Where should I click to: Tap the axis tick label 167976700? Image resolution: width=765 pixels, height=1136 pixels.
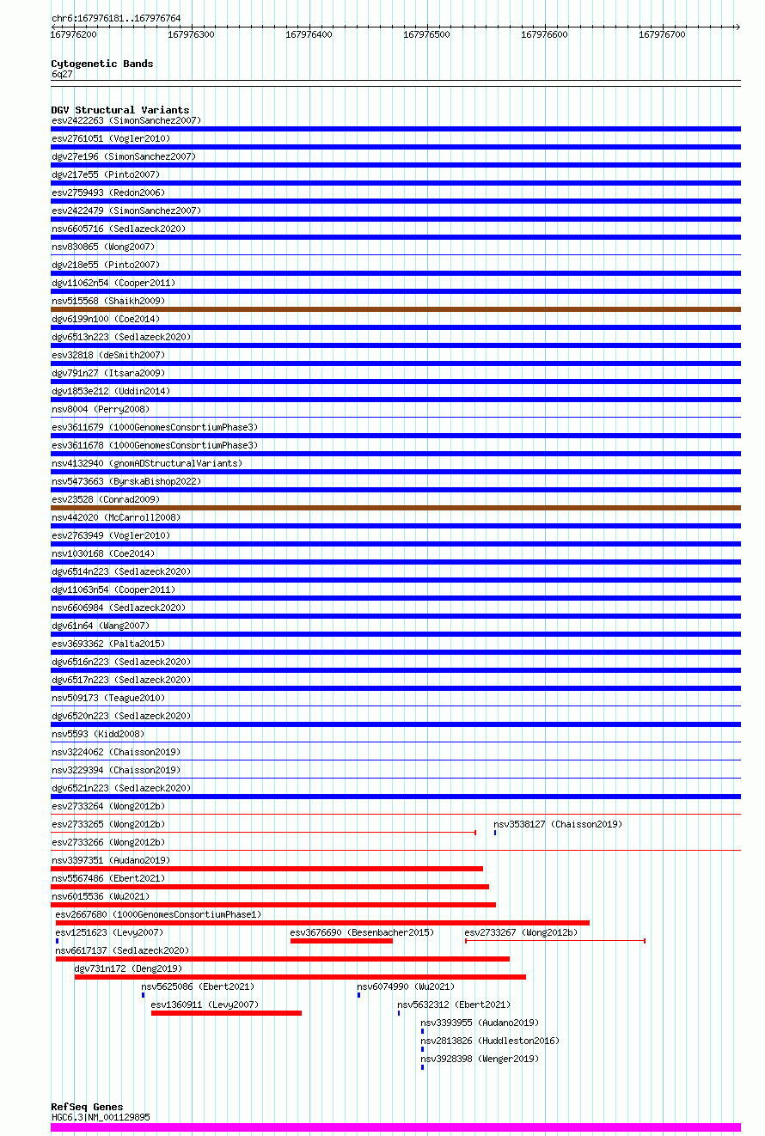click(662, 34)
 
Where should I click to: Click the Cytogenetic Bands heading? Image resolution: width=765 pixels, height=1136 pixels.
click(101, 64)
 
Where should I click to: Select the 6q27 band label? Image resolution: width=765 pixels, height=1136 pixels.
click(62, 74)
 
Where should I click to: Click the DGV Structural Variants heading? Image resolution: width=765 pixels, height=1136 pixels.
click(120, 110)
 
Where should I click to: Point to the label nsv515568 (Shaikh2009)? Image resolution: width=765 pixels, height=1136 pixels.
click(108, 301)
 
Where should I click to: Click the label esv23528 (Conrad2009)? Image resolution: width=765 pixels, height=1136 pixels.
click(106, 499)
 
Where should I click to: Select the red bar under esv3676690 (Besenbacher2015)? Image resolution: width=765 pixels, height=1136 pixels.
click(341, 941)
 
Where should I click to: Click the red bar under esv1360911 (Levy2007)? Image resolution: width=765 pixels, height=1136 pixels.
click(226, 1013)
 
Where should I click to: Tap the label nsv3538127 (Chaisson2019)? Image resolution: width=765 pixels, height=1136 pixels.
click(558, 824)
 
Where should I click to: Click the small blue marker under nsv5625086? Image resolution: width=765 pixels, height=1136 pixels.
click(143, 995)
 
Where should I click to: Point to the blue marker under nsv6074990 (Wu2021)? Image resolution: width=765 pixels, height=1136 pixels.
click(358, 995)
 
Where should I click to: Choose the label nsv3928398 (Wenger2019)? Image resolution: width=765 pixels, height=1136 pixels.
click(480, 1059)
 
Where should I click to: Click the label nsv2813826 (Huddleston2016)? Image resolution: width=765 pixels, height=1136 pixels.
click(490, 1041)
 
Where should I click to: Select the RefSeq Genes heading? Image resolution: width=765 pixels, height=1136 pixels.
click(87, 1107)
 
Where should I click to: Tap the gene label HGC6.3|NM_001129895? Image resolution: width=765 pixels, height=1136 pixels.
click(101, 1117)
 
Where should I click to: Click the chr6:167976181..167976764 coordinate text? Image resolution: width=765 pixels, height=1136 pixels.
click(116, 18)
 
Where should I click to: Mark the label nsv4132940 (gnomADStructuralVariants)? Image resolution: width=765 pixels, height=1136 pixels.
click(147, 463)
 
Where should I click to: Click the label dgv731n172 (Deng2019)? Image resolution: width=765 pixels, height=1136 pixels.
click(128, 968)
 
